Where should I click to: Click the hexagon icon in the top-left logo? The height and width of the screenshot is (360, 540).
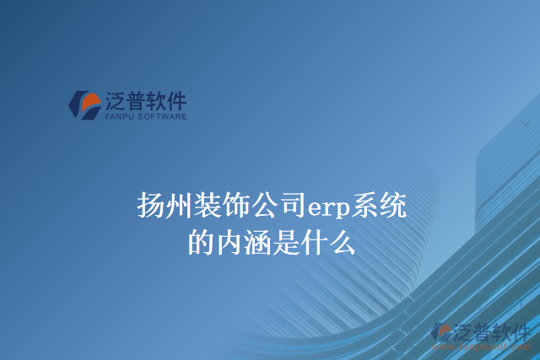84,105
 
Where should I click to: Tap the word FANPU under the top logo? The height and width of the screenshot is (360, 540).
120,118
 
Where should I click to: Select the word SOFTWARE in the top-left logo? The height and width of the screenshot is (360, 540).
162,118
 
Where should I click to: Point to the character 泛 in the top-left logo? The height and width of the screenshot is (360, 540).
116,101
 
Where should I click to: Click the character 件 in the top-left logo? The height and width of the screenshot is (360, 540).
176,101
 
